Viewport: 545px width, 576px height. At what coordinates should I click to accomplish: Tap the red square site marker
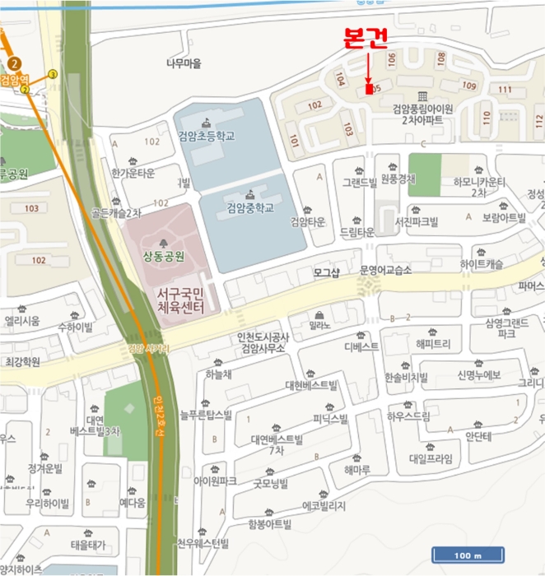[367, 88]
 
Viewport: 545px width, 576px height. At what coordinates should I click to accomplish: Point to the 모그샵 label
[327, 271]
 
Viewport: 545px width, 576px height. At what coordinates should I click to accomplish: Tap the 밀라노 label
[320, 327]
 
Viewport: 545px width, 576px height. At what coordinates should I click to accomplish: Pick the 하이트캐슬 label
[482, 264]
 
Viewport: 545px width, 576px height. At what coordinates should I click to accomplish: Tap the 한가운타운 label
[133, 174]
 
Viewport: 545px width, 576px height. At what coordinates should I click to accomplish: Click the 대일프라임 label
[431, 458]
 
